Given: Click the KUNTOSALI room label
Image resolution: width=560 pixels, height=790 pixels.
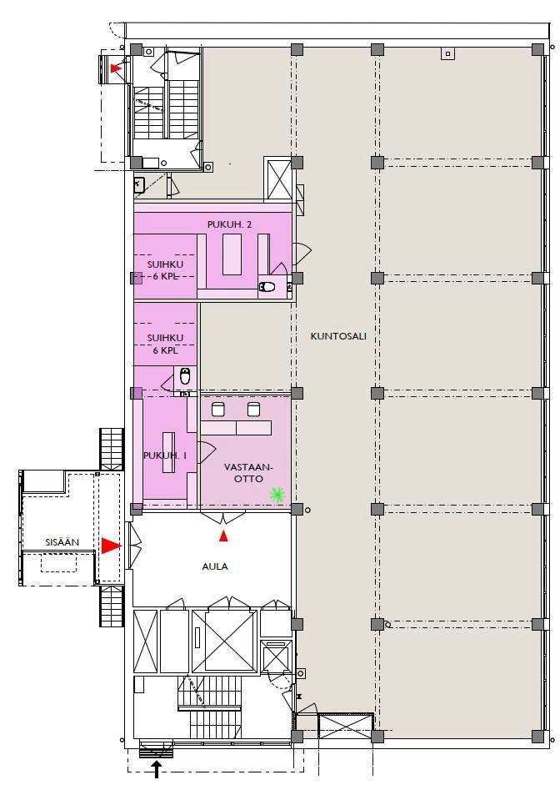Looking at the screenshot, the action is tap(338, 336).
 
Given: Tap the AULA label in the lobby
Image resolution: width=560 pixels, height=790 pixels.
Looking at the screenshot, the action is tap(215, 566).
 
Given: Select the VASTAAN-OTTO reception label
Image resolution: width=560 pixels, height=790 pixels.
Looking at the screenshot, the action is tap(248, 473).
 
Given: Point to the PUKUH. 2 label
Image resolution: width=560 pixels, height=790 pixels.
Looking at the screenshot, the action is tap(229, 224).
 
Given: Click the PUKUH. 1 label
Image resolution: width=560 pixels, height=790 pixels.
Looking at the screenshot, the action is tap(165, 455).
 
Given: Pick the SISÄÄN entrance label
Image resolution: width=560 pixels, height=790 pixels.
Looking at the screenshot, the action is tap(62, 542).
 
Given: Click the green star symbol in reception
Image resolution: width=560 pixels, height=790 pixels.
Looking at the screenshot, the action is tap(277, 496).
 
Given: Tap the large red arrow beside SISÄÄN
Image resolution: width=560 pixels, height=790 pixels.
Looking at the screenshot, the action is tap(111, 546).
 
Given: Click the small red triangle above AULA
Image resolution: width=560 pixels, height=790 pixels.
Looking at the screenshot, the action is tap(224, 536).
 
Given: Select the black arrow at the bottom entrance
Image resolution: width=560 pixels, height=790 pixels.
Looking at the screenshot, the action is tap(157, 768).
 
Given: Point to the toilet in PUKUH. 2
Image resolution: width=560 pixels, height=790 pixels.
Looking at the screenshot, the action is tap(267, 287).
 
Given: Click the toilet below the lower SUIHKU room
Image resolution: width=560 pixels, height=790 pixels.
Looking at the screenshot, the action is tap(185, 376).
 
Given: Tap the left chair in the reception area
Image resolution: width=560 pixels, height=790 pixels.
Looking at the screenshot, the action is tap(217, 410).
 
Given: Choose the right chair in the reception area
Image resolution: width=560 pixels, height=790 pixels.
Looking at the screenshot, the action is tap(253, 410).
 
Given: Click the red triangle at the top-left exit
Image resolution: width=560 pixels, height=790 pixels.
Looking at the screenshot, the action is tap(116, 68).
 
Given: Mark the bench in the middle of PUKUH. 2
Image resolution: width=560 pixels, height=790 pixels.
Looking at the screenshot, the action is tap(232, 254).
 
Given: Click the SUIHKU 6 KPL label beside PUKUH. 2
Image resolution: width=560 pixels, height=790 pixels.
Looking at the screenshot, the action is tap(165, 270).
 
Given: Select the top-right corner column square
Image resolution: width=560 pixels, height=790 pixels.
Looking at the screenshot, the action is tap(537, 49).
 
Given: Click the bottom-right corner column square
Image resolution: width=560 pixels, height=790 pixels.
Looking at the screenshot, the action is tap(537, 736).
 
